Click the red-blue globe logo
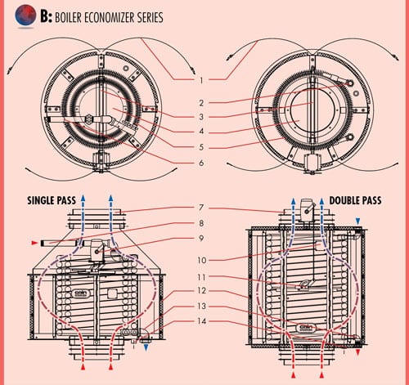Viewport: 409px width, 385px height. pyautogui.click(x=25, y=15)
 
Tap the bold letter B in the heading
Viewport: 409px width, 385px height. pyautogui.click(x=44, y=16)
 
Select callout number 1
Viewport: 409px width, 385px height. pyautogui.click(x=201, y=80)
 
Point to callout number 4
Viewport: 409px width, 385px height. pyautogui.click(x=201, y=132)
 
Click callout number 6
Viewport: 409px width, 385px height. pyautogui.click(x=201, y=163)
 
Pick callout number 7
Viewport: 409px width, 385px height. pyautogui.click(x=201, y=208)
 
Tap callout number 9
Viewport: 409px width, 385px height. pyautogui.click(x=201, y=239)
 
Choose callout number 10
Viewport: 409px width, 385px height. pyautogui.click(x=202, y=260)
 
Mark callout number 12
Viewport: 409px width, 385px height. pyautogui.click(x=202, y=290)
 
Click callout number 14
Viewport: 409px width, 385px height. pyautogui.click(x=202, y=321)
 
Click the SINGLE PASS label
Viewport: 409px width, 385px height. pyautogui.click(x=52, y=201)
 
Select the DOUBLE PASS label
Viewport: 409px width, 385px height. pyautogui.click(x=355, y=201)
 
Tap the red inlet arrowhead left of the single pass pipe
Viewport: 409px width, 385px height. pyautogui.click(x=34, y=243)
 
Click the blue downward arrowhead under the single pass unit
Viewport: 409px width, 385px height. pyautogui.click(x=146, y=347)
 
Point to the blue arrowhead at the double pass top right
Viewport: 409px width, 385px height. pyautogui.click(x=358, y=221)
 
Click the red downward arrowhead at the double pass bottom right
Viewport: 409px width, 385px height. pyautogui.click(x=358, y=353)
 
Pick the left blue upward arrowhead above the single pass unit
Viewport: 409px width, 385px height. pyautogui.click(x=83, y=198)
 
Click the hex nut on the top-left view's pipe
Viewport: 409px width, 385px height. pyautogui.click(x=88, y=119)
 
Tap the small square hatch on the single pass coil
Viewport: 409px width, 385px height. pyautogui.click(x=112, y=293)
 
